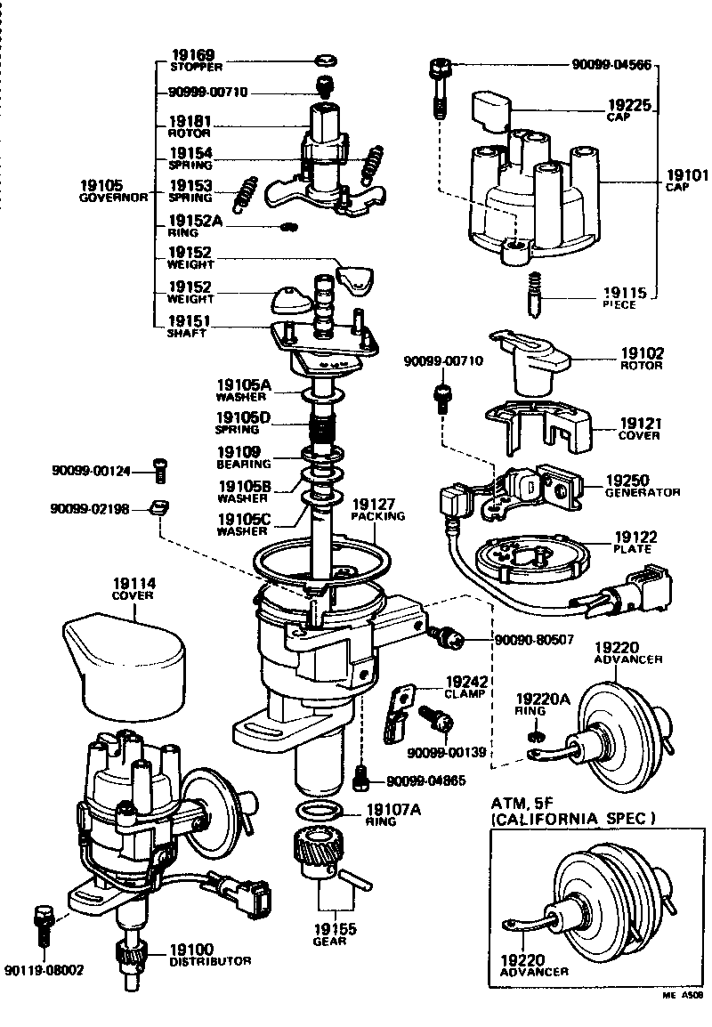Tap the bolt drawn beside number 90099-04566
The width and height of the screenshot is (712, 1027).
click(439, 85)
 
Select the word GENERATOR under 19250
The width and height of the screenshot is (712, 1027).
click(643, 492)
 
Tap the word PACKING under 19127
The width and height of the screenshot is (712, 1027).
click(377, 515)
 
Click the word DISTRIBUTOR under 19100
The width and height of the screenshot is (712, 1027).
click(210, 961)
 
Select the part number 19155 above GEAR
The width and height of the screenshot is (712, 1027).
click(335, 928)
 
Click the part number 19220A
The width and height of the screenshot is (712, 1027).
click(543, 699)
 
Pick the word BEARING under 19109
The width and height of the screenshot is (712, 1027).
click(244, 465)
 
